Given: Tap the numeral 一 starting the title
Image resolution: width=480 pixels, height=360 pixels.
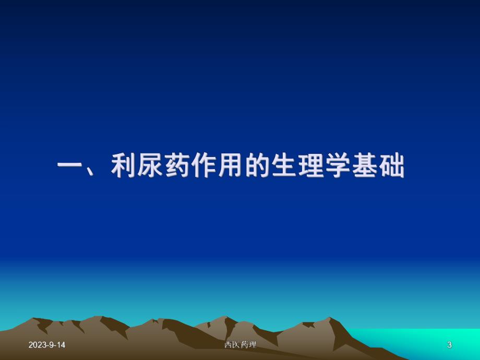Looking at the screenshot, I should (x=70, y=167).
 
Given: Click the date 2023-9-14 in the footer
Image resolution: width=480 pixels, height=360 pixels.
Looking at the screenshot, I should (x=47, y=345).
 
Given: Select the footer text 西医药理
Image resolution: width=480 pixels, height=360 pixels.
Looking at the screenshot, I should (x=240, y=345).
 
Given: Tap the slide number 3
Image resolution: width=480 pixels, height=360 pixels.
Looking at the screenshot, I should (x=449, y=345).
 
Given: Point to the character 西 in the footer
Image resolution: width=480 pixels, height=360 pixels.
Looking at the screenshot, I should (x=228, y=345).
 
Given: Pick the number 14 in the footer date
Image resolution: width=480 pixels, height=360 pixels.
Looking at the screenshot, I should (x=61, y=345).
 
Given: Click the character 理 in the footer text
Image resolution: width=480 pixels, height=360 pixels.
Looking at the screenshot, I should (x=253, y=345).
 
